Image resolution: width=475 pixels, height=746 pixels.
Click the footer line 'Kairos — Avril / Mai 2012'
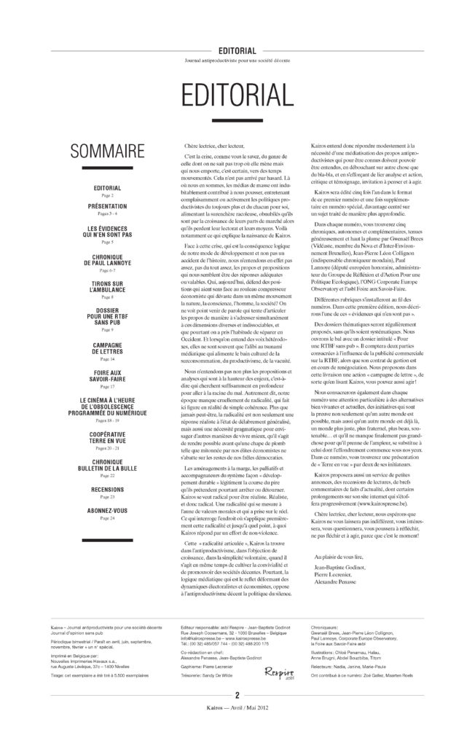[x=237, y=731]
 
